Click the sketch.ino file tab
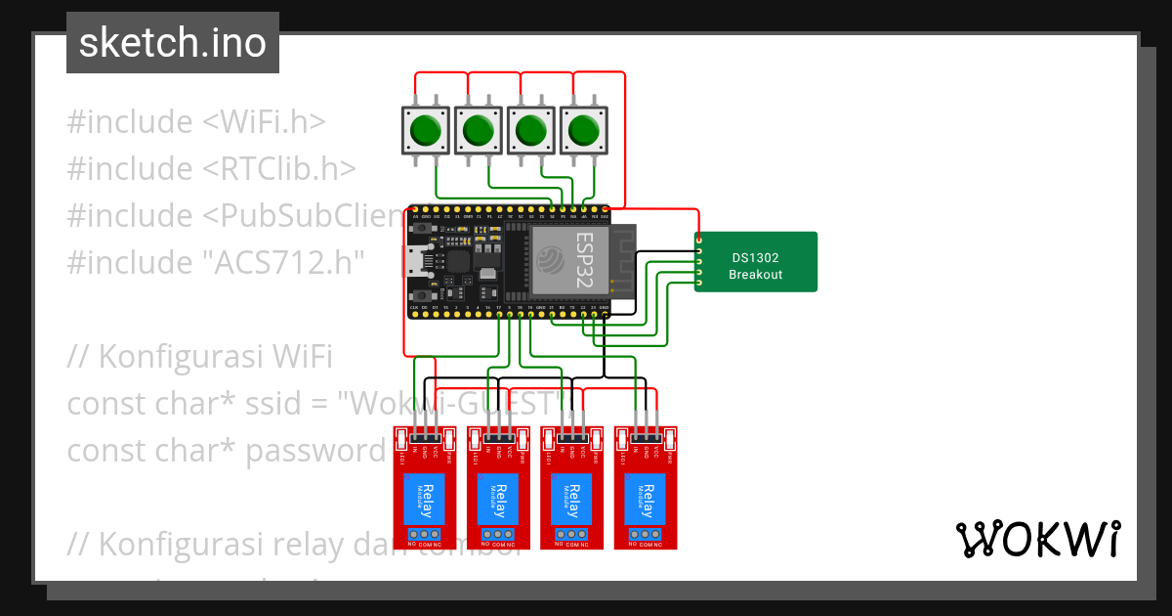pyautogui.click(x=173, y=43)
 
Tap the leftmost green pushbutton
pyautogui.click(x=425, y=129)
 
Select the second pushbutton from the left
pyautogui.click(x=478, y=129)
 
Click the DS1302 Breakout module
pyautogui.click(x=756, y=262)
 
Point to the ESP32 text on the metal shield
pyautogui.click(x=583, y=259)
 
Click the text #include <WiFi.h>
pyautogui.click(x=195, y=122)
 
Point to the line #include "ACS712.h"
pyautogui.click(x=215, y=263)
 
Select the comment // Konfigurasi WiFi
pyautogui.click(x=200, y=357)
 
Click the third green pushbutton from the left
pyautogui.click(x=530, y=129)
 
